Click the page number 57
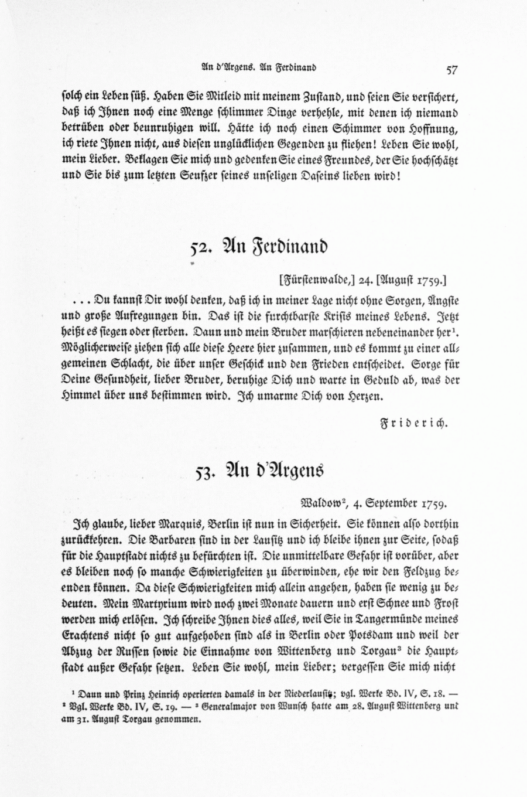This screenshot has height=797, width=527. point(451,70)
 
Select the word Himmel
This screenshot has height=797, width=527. point(83,396)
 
